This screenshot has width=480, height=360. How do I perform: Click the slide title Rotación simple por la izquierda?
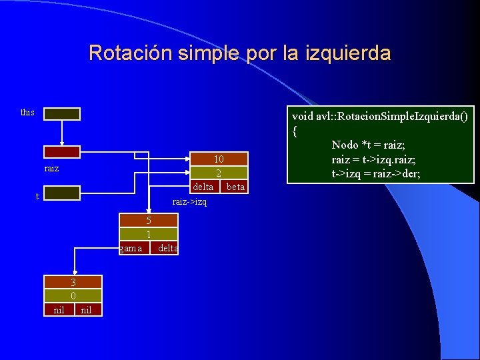(x=239, y=53)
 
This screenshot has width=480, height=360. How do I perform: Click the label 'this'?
(x=27, y=112)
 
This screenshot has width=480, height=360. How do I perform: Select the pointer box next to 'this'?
(x=62, y=114)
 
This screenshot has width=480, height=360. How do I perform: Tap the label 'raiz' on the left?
(x=51, y=169)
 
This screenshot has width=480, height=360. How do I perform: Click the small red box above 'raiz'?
(x=62, y=152)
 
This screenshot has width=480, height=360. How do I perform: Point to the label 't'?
(x=37, y=196)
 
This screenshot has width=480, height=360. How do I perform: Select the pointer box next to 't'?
(x=62, y=193)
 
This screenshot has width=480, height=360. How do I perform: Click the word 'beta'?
(x=235, y=187)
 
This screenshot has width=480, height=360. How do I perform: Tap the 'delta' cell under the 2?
(x=203, y=187)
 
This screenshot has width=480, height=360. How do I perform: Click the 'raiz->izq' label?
(x=189, y=201)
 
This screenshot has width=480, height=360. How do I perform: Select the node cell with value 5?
(x=149, y=220)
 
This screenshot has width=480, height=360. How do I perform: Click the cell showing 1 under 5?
(x=149, y=234)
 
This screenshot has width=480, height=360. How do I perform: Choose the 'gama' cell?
(x=131, y=249)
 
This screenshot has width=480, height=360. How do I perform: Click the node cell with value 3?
(x=73, y=282)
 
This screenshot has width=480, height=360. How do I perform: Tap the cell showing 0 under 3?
(x=73, y=295)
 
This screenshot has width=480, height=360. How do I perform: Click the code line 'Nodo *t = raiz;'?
(x=368, y=145)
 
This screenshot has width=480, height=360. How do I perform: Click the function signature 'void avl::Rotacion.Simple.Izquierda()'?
(x=380, y=117)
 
